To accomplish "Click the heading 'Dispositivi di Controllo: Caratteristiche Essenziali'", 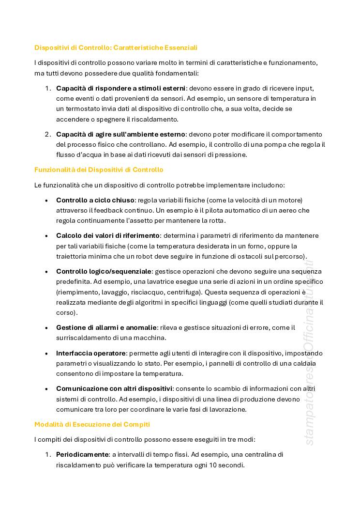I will [116, 47].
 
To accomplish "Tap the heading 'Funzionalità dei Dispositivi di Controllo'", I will [99, 170].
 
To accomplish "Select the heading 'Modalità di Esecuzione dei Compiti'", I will [92, 424].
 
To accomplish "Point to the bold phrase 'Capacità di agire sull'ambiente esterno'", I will [120, 134].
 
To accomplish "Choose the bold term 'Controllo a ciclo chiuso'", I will [95, 200].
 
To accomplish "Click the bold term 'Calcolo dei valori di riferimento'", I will [108, 236].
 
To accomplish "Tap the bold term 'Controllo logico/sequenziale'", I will [104, 271].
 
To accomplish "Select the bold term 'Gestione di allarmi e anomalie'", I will [106, 327].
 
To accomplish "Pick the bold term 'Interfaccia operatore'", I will [91, 353].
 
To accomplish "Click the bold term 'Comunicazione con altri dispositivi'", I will [114, 388].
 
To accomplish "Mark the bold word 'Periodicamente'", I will [82, 455].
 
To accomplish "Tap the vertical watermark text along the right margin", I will [310, 354].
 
